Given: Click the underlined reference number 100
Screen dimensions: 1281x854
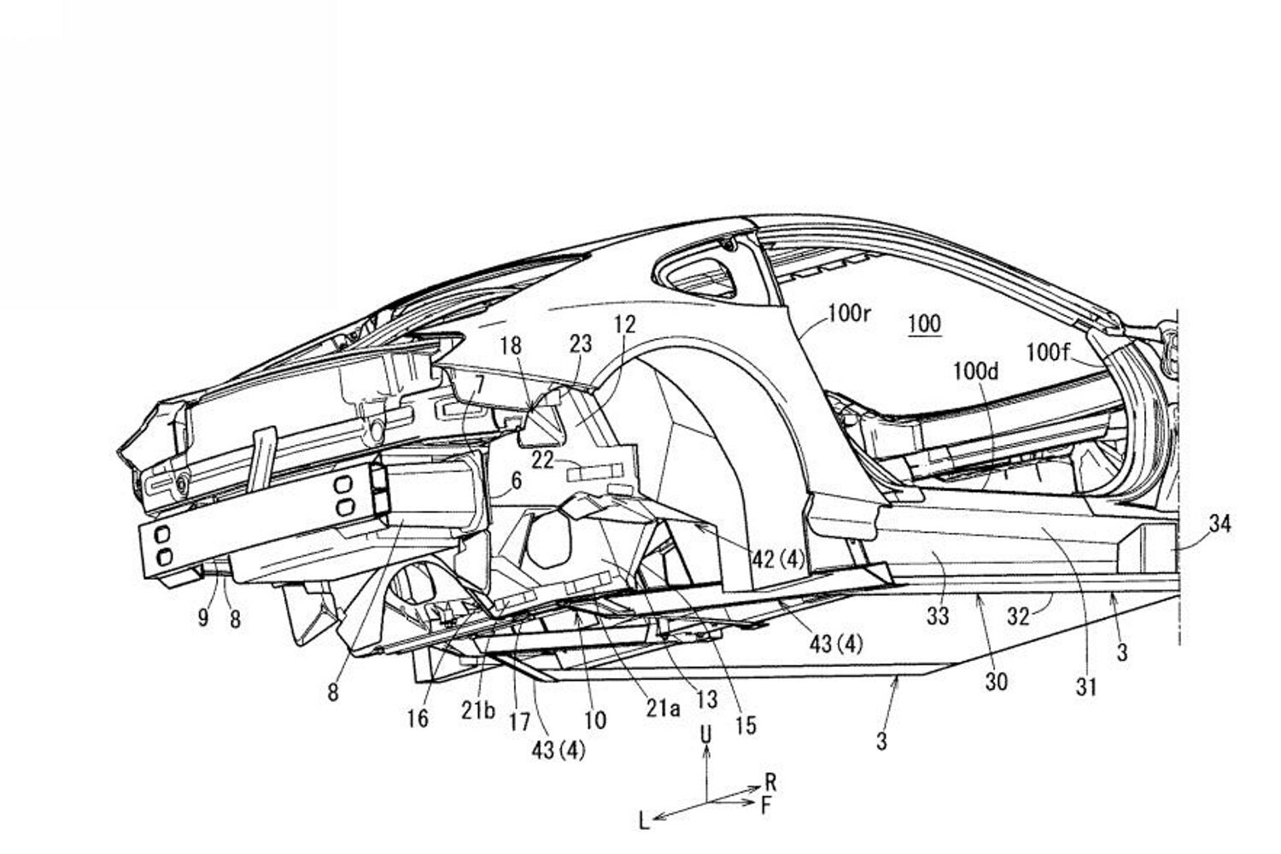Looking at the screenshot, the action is tap(925, 325).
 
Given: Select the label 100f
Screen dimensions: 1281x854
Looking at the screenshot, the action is tap(1047, 353).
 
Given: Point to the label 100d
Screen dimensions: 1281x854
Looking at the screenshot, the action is tap(975, 372).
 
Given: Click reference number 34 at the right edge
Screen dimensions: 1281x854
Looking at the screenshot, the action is tap(1220, 524).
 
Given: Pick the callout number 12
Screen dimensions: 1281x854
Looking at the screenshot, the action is tap(625, 325).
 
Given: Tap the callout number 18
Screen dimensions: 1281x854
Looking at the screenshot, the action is tap(511, 346).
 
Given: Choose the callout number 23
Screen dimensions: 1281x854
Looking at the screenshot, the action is tap(581, 344).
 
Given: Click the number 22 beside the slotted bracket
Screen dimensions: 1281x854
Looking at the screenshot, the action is tap(542, 460).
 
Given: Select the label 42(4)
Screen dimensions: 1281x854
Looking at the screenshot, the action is tap(778, 559).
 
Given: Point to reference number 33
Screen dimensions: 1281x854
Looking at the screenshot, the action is tap(939, 616).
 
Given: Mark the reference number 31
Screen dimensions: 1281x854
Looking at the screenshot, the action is tap(1086, 687).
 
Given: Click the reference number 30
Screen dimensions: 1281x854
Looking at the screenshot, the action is tap(997, 681).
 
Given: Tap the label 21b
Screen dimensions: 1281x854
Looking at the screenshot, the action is tap(478, 710).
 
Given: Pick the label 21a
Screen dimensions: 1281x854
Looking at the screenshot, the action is tap(663, 709).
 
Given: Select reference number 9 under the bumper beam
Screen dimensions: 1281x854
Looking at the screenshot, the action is tap(203, 617).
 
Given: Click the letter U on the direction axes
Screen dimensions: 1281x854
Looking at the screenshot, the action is tap(706, 734).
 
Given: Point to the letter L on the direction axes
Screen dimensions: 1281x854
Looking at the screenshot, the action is tap(645, 822).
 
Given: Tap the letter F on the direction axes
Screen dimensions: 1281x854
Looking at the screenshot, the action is tap(766, 806).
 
